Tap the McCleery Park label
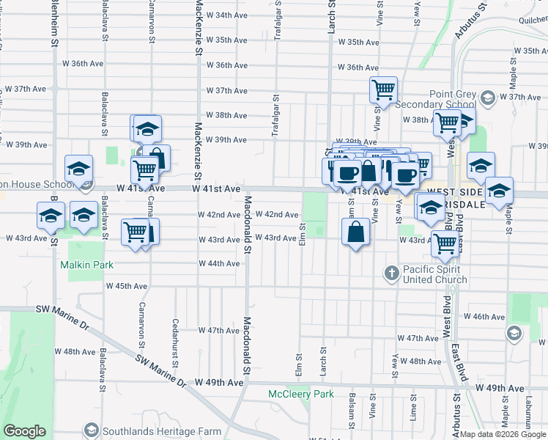click(x=300, y=395)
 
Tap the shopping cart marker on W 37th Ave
click(x=383, y=90)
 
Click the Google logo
click(x=25, y=431)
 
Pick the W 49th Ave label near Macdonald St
click(x=218, y=383)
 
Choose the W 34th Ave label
click(x=226, y=15)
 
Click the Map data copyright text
click(x=502, y=434)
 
